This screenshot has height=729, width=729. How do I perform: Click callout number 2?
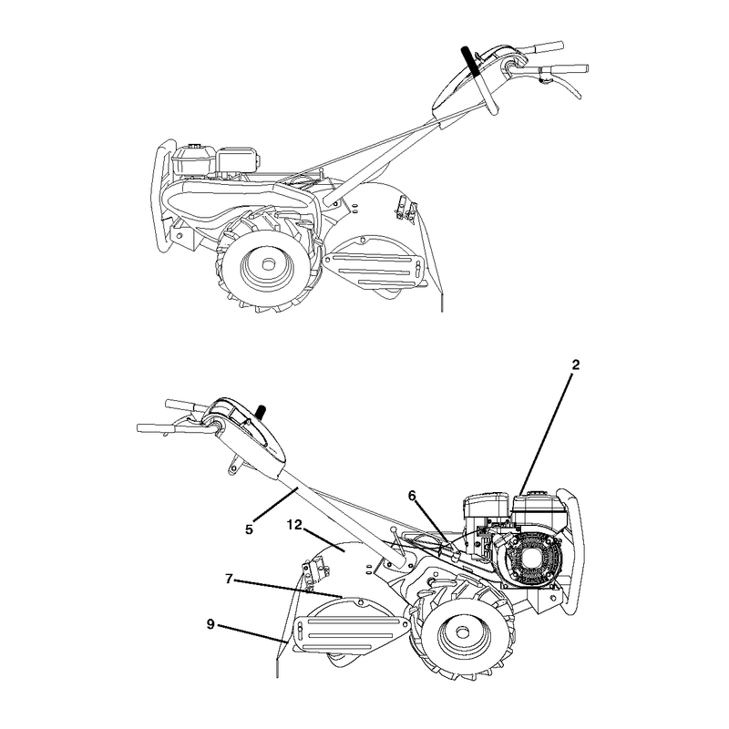(x=576, y=365)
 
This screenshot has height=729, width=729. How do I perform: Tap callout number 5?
(x=249, y=529)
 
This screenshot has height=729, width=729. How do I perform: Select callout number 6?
(x=412, y=496)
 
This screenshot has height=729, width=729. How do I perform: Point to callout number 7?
(x=229, y=579)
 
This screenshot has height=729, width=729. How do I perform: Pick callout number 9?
(x=210, y=624)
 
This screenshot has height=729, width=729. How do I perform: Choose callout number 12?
(x=294, y=525)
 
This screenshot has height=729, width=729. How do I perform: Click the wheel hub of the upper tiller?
(x=267, y=264)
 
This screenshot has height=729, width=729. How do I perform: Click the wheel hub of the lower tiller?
(x=462, y=632)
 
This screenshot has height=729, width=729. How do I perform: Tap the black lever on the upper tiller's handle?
(x=469, y=60)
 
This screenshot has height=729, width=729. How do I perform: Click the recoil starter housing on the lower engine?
(x=529, y=557)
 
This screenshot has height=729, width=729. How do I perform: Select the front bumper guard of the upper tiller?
(x=164, y=195)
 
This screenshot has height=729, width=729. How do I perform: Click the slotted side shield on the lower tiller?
(x=351, y=634)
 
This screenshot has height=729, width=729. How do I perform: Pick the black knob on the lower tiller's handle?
(x=261, y=412)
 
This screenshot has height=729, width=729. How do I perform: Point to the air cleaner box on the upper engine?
(x=237, y=160)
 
